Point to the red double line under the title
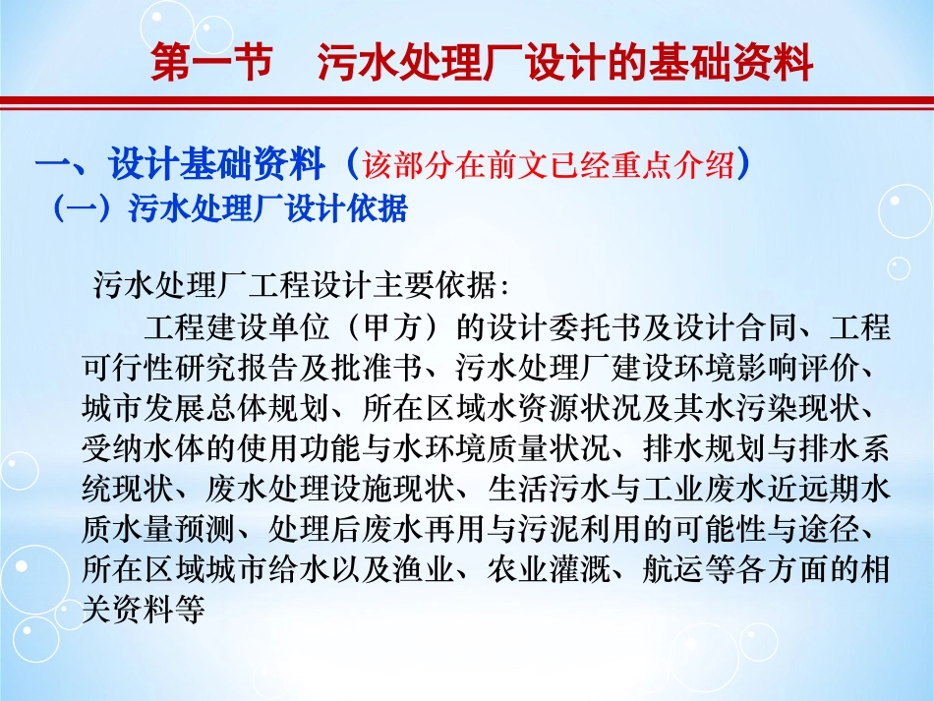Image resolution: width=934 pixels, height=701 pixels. pyautogui.click(x=467, y=103)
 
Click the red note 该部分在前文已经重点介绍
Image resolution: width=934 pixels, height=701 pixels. pyautogui.click(x=550, y=165)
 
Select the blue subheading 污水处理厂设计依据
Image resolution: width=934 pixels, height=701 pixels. pyautogui.click(x=267, y=209)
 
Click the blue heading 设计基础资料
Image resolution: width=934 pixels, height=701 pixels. pyautogui.click(x=217, y=164)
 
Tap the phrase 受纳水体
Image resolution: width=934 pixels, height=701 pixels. pyautogui.click(x=122, y=447)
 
